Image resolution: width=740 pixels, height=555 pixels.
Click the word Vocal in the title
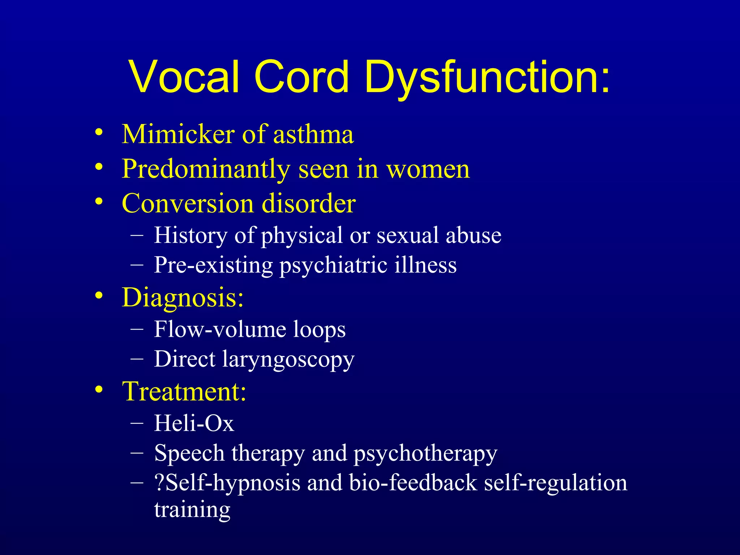184,77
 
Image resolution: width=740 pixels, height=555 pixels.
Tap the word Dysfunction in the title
487,77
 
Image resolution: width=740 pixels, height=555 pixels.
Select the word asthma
313,134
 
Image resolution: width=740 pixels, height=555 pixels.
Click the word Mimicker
178,134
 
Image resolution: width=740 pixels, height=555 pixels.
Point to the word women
428,169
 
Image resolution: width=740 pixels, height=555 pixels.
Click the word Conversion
188,203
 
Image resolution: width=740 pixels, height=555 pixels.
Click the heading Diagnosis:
183,298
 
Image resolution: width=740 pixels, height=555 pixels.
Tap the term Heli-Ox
194,423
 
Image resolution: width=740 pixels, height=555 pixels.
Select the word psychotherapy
425,454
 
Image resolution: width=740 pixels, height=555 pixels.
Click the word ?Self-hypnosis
227,483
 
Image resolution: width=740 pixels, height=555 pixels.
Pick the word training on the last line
192,510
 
